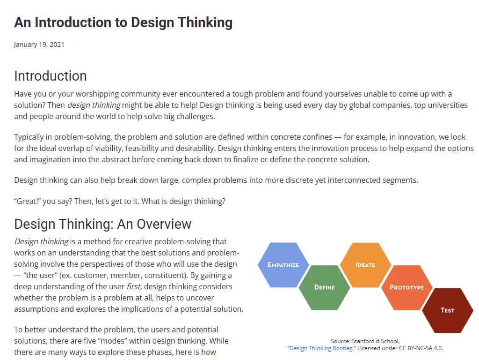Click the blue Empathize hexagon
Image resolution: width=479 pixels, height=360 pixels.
283,265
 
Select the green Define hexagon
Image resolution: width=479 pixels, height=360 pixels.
324,287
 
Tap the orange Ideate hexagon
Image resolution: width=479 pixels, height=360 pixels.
365,265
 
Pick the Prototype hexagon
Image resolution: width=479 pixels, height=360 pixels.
406,287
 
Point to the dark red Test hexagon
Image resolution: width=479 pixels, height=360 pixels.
447,310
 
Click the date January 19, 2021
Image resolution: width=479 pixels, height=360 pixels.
39,45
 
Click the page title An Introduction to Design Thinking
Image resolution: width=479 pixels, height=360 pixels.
123,22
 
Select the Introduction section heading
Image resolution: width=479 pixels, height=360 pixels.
51,76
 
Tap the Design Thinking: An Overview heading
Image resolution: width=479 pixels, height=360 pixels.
103,224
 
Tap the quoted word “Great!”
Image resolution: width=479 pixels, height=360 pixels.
27,201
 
